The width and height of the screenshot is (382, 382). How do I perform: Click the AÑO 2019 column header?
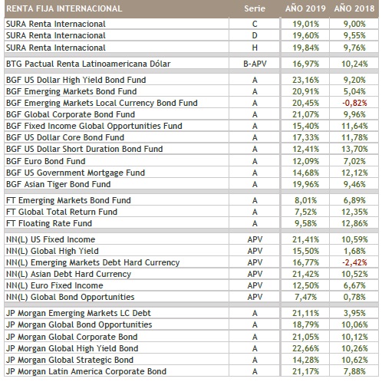305,8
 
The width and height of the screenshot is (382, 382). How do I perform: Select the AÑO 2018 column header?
354,8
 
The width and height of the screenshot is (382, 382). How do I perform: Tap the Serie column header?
255,8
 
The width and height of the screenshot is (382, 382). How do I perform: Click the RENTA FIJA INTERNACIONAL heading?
64,8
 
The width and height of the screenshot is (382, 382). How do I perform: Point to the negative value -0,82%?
354,103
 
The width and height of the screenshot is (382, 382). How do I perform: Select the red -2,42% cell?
354,262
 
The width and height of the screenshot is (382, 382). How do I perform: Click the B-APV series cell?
255,64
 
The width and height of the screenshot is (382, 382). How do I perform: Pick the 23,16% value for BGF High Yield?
305,80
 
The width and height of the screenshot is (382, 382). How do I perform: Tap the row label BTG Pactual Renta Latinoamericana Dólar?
88,64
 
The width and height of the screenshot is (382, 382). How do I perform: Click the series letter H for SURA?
255,48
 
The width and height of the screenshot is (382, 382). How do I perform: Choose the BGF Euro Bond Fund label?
46,161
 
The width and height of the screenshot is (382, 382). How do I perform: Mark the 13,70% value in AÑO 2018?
354,149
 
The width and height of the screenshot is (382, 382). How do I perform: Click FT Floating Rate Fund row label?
49,223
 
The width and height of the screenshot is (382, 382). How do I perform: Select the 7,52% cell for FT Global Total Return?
305,212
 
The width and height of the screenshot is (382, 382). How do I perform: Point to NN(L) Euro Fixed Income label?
54,285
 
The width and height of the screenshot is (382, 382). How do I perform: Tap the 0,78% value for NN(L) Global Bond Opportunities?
354,297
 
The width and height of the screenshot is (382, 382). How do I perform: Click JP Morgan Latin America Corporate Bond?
86,371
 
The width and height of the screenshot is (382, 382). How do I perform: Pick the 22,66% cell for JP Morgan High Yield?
305,348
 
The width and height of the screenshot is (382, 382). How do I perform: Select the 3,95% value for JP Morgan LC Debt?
354,313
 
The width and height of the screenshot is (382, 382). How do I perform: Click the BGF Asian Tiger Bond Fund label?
58,184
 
